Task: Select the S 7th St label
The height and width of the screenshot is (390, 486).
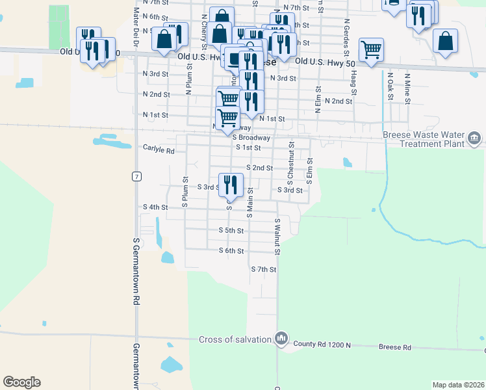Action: tap(264, 269)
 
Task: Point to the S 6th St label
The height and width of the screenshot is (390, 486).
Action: tap(231, 250)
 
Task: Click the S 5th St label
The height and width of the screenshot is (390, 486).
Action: tap(231, 231)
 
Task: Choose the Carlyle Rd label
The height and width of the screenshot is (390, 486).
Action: tap(159, 150)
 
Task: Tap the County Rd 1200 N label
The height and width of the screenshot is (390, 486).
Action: tap(322, 344)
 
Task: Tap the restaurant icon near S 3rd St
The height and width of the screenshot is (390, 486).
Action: tap(231, 185)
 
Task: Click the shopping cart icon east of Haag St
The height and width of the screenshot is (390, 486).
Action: tap(371, 49)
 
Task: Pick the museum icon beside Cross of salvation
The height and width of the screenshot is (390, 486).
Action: tap(281, 338)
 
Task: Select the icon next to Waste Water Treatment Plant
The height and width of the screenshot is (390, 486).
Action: tap(474, 138)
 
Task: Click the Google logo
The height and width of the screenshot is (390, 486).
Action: tap(21, 382)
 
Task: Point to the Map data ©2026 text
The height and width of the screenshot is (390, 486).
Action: tap(458, 385)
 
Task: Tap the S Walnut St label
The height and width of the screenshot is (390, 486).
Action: tap(277, 237)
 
